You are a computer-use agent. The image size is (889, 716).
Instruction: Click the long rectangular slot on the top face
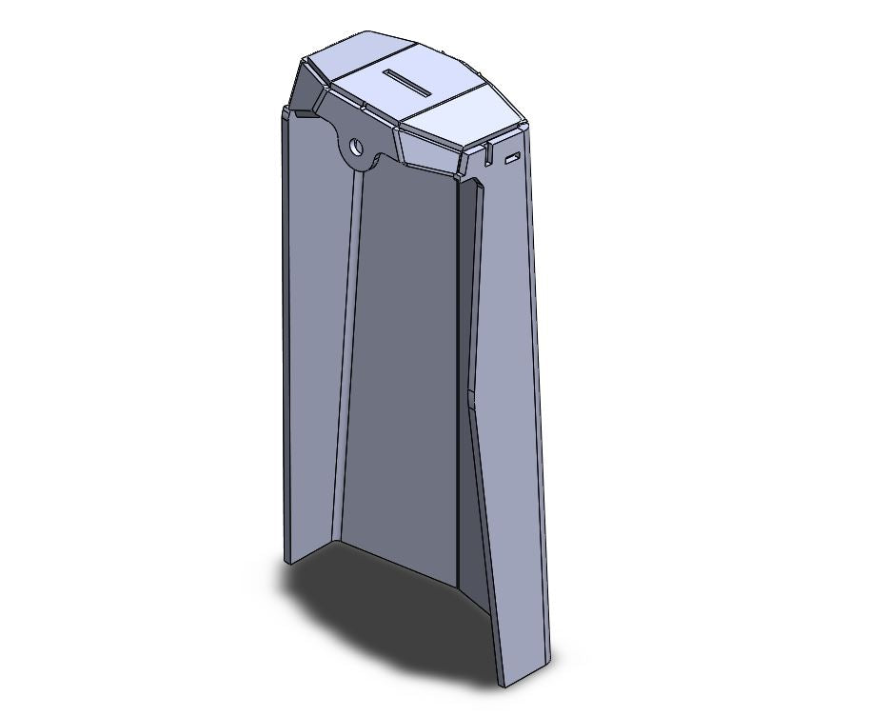(408, 82)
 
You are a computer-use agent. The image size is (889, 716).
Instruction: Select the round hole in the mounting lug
(357, 148)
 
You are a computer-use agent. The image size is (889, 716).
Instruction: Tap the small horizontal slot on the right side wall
(512, 156)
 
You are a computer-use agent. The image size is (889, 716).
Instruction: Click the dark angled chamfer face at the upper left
(307, 89)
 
